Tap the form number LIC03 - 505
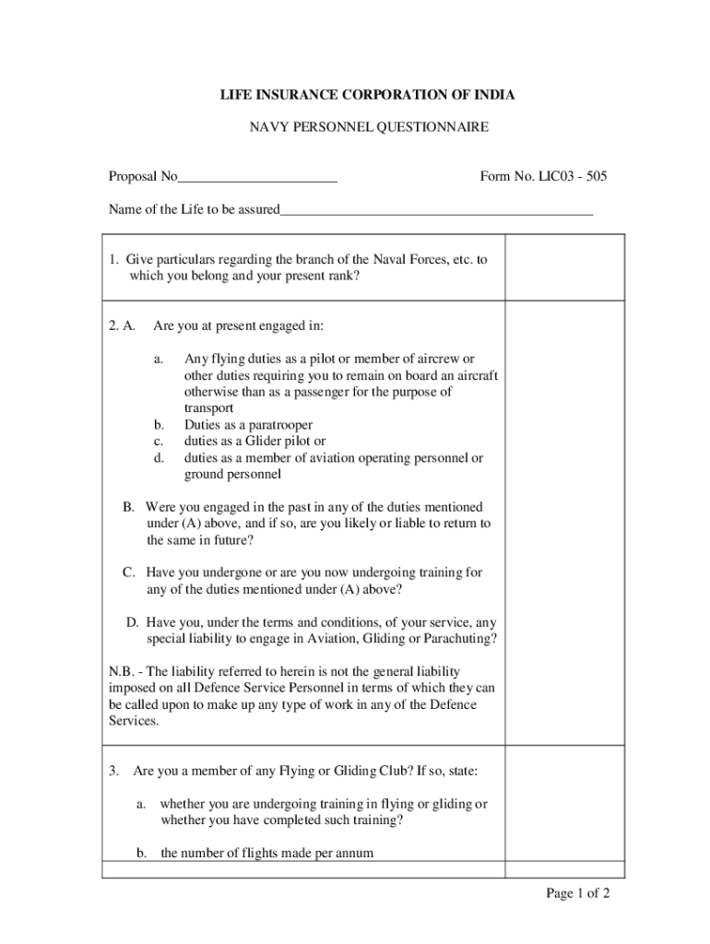(564, 177)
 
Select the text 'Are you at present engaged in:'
(238, 325)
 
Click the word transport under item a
(208, 408)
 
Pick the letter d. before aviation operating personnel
(159, 458)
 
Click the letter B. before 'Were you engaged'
(129, 508)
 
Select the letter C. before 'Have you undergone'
(130, 573)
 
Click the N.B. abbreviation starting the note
(121, 672)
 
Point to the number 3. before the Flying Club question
(113, 771)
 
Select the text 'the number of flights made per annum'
(266, 853)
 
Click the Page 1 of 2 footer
(577, 893)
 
